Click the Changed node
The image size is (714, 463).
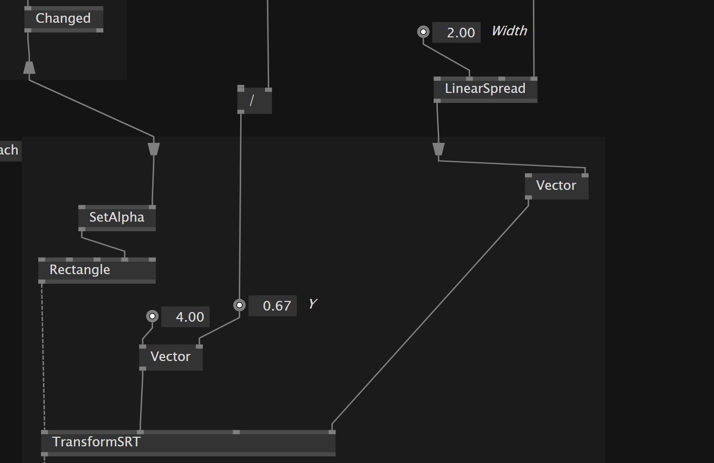pyautogui.click(x=63, y=19)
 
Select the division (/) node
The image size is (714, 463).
pyautogui.click(x=254, y=100)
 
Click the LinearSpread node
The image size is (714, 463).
pyautogui.click(x=485, y=89)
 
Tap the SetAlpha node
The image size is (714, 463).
pyautogui.click(x=117, y=218)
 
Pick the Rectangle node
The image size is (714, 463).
pyautogui.click(x=96, y=270)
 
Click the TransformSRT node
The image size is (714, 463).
pyautogui.click(x=188, y=442)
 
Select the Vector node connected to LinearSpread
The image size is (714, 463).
pyautogui.click(x=556, y=186)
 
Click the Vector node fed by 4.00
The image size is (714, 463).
pyautogui.click(x=170, y=357)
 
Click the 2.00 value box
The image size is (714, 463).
pyautogui.click(x=457, y=33)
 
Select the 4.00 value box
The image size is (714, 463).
pyautogui.click(x=185, y=317)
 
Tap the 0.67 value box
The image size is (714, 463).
pyautogui.click(x=273, y=306)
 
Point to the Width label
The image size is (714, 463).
pyautogui.click(x=509, y=31)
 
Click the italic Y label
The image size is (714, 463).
pyautogui.click(x=313, y=304)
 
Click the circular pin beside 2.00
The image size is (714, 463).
pyautogui.click(x=423, y=32)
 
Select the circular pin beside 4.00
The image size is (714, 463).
pyautogui.click(x=152, y=317)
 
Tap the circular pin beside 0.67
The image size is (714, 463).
pyautogui.click(x=240, y=305)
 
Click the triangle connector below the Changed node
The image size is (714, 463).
pyautogui.click(x=29, y=68)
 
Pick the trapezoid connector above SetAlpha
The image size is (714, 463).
pyautogui.click(x=154, y=149)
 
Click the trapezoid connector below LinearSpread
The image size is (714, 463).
pyautogui.click(x=438, y=149)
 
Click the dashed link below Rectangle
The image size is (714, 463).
pyautogui.click(x=43, y=353)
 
